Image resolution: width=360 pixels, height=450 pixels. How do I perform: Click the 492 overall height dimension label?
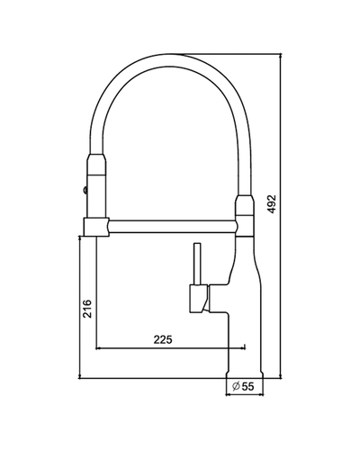pos(272,204)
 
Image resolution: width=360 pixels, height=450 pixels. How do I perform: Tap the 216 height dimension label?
pos(87,309)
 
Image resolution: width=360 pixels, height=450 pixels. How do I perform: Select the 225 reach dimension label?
pos(163,339)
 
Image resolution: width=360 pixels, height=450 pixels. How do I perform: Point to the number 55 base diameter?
pos(247,386)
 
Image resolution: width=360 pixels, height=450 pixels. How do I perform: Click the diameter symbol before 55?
pos(236,386)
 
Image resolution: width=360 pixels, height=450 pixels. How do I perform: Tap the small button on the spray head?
pos(85,190)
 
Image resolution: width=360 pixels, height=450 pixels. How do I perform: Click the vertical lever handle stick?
pos(197,264)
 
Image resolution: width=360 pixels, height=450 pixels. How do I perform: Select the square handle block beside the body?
pos(198,299)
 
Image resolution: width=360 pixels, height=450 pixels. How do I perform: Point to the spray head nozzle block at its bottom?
pos(96,227)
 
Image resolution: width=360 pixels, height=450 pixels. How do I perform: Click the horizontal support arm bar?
pos(172,226)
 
